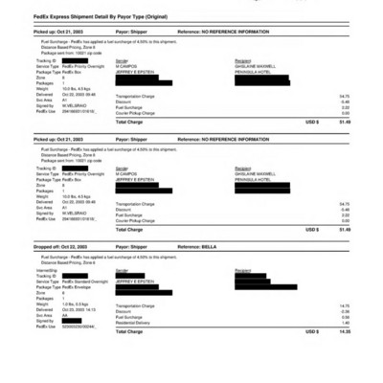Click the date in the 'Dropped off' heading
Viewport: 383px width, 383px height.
pyautogui.click(x=75, y=246)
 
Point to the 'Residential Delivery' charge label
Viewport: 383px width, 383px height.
pyautogui.click(x=135, y=323)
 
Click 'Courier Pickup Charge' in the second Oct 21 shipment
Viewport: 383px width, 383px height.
pyautogui.click(x=138, y=221)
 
